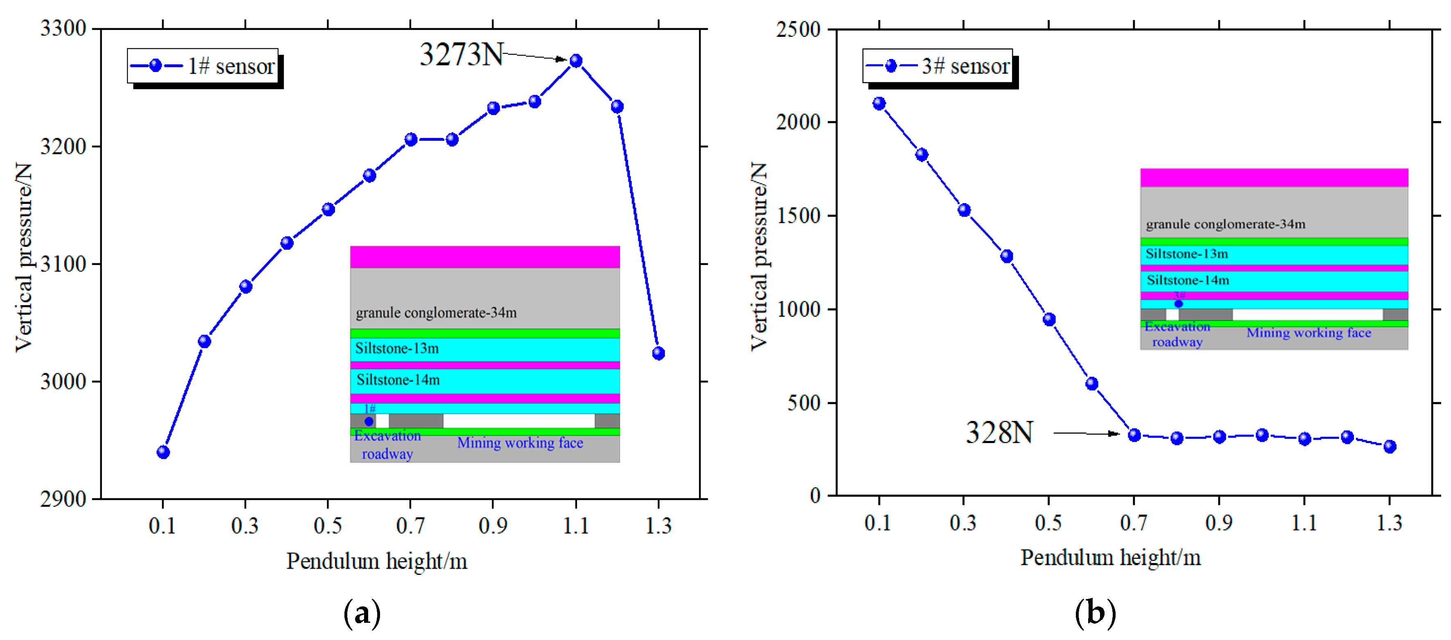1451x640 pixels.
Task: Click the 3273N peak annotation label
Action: click(461, 54)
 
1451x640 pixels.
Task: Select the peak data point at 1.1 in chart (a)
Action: click(576, 61)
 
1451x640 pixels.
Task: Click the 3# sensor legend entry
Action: click(938, 66)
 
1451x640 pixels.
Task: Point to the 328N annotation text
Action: click(999, 433)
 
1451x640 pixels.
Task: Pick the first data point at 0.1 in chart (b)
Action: click(879, 104)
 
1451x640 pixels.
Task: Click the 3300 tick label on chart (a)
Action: click(63, 28)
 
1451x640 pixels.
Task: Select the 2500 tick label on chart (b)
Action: click(798, 29)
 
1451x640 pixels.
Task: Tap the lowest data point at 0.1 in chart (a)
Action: click(163, 452)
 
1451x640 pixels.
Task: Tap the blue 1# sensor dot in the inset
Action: click(369, 421)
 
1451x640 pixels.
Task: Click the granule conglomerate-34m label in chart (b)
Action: click(1225, 224)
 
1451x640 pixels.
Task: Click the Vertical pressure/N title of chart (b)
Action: click(759, 256)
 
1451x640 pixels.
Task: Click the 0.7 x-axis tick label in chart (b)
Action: click(1133, 523)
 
